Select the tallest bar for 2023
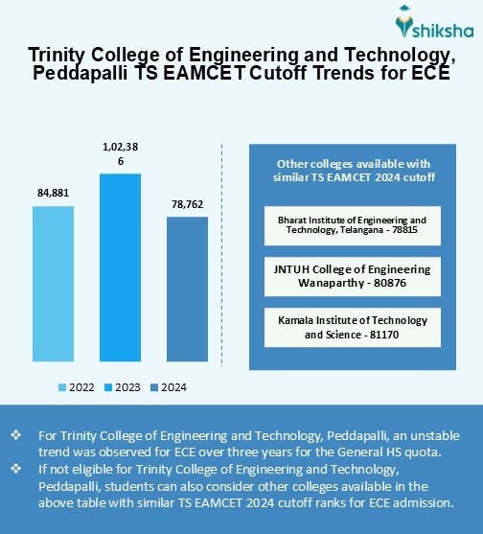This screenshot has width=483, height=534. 120,268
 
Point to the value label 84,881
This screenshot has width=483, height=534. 53,194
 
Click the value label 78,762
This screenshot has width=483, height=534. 187,204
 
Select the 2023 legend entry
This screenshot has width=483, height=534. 121,387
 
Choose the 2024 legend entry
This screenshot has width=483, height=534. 167,387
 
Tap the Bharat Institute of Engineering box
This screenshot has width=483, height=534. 352,224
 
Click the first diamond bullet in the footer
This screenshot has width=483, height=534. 16,435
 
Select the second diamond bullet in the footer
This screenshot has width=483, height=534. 16,468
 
